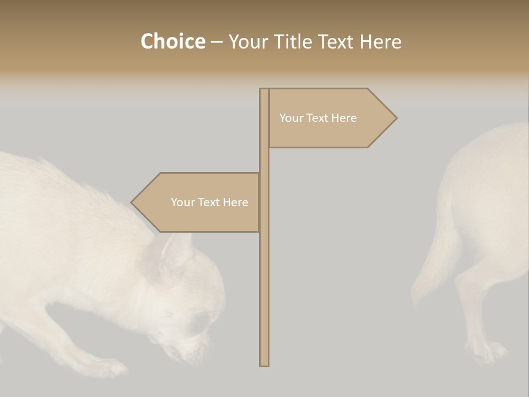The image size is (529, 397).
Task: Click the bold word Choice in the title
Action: click(x=172, y=41)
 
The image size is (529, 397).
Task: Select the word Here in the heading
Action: click(x=380, y=41)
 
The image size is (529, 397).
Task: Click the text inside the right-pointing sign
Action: click(x=318, y=118)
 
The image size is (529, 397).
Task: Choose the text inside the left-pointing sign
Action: click(x=209, y=202)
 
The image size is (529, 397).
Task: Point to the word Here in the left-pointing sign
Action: click(x=235, y=202)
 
